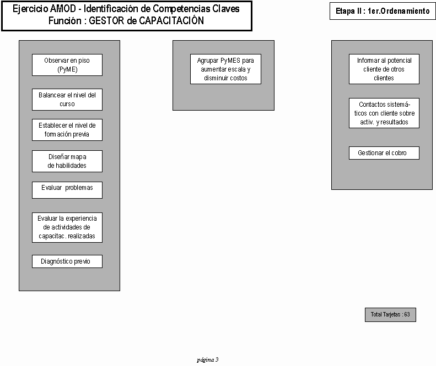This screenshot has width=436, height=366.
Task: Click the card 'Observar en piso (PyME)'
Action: coord(67,65)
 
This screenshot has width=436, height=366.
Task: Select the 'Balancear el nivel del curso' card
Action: coord(67,100)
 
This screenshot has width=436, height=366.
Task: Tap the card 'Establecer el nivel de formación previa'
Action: coord(67,130)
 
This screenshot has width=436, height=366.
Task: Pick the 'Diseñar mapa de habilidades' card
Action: coord(67,161)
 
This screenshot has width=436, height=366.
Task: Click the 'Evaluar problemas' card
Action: coord(67,190)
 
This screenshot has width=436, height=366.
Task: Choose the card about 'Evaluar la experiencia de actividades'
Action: coord(67,228)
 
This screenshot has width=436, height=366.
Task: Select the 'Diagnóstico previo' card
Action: coord(67,261)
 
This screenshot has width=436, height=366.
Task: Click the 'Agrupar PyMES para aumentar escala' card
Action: coord(225,69)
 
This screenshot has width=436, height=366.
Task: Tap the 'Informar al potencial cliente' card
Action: coord(384,69)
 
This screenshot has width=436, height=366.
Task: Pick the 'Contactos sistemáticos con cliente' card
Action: coord(384,113)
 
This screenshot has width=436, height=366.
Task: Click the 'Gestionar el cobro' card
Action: coord(384,153)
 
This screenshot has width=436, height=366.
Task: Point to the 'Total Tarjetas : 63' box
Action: coord(390,315)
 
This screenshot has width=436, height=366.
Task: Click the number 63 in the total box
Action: coord(407,314)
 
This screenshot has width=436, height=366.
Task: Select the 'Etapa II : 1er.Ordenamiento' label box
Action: coord(383,11)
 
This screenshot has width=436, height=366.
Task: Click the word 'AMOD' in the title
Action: coord(63,9)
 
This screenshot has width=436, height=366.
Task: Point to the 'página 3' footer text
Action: coord(208,360)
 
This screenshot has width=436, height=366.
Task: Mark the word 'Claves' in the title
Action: coord(226,9)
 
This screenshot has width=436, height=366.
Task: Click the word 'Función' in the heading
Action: coord(65,21)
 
